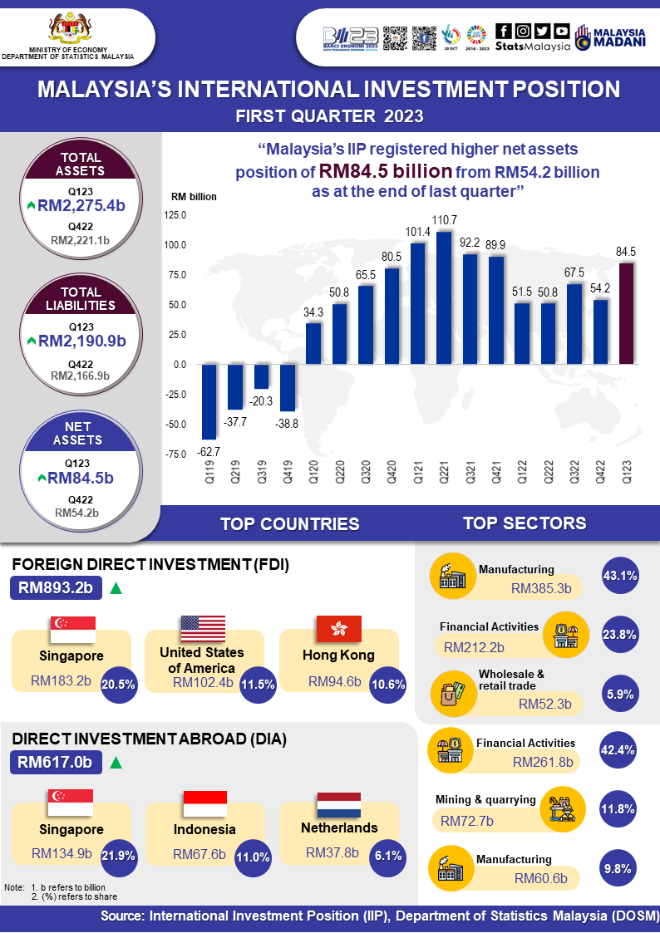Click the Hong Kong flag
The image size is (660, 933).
click(338, 629)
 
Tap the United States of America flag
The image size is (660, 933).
click(203, 629)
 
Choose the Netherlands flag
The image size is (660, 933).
click(338, 804)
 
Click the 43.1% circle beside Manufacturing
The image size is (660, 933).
click(618, 575)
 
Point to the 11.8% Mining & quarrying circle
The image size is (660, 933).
click(618, 808)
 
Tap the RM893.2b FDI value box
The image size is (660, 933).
click(57, 588)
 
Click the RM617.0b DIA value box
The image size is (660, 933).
click(57, 762)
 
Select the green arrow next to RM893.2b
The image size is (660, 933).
click(116, 588)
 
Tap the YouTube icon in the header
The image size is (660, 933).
click(562, 31)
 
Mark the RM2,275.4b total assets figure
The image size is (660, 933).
click(81, 204)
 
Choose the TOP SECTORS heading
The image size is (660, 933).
click(525, 523)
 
